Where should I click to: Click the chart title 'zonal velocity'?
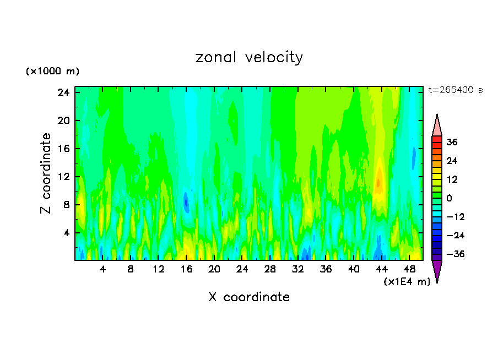(x=249, y=57)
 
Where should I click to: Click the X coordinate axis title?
(x=249, y=297)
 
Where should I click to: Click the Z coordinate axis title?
(x=46, y=173)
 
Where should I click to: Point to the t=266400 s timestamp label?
(x=455, y=90)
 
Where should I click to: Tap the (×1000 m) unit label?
(x=52, y=72)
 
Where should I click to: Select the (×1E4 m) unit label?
(x=407, y=282)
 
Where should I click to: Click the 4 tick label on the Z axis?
(x=67, y=233)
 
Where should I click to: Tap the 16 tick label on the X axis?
(x=186, y=270)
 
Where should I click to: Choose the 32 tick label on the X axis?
(x=298, y=270)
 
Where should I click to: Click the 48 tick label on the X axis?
(x=409, y=270)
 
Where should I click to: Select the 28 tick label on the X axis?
(x=270, y=270)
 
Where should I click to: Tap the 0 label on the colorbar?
(x=449, y=198)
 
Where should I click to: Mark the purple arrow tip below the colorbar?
(x=437, y=271)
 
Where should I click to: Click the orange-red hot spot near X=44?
(x=378, y=182)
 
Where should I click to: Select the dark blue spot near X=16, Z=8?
(x=186, y=203)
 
